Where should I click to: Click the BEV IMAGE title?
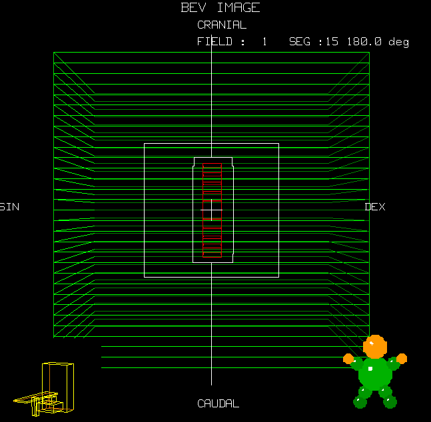[220, 7]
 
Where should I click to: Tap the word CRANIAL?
[222, 25]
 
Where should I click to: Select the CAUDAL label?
[218, 403]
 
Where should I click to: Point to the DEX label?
[375, 207]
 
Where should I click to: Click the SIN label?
[9, 207]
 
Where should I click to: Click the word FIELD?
[215, 41]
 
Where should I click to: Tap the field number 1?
[264, 41]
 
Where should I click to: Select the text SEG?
[300, 41]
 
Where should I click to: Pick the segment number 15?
[332, 41]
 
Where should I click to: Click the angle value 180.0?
[364, 41]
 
